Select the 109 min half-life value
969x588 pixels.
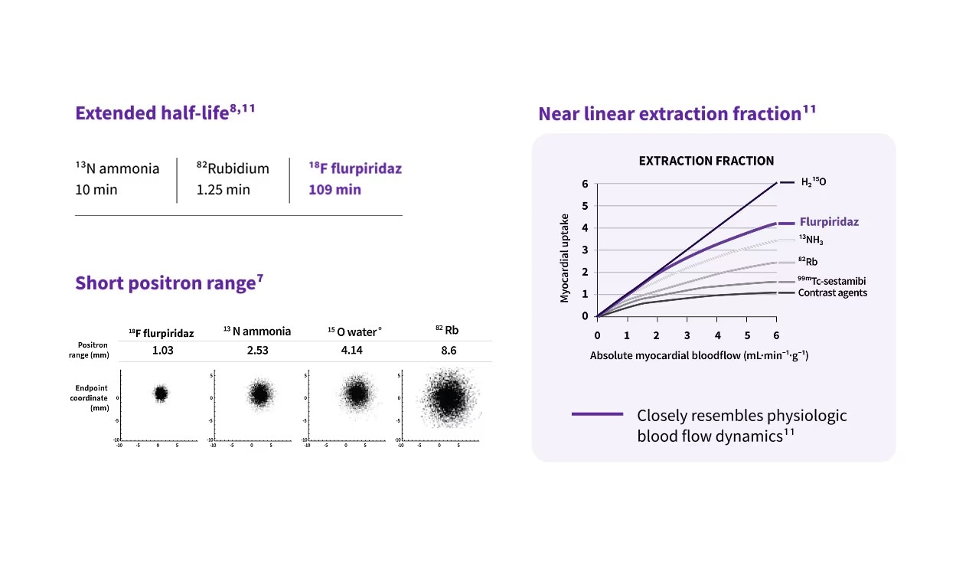pos(334,189)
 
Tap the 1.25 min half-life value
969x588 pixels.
pos(223,189)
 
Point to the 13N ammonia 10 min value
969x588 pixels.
pos(96,189)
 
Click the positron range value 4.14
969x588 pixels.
pos(354,351)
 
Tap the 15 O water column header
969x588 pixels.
pos(354,332)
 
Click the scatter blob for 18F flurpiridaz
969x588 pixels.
pos(160,394)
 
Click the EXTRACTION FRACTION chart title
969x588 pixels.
pos(706,161)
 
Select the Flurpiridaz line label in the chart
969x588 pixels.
pos(829,222)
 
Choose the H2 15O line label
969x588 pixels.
pos(813,182)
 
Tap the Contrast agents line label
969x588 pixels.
pos(832,292)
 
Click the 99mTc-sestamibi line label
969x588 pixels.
pos(831,281)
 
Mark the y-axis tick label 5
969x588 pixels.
pos(585,206)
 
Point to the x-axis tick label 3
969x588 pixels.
pos(687,335)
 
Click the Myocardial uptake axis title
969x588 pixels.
pos(565,258)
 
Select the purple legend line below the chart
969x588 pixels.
pos(597,414)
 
